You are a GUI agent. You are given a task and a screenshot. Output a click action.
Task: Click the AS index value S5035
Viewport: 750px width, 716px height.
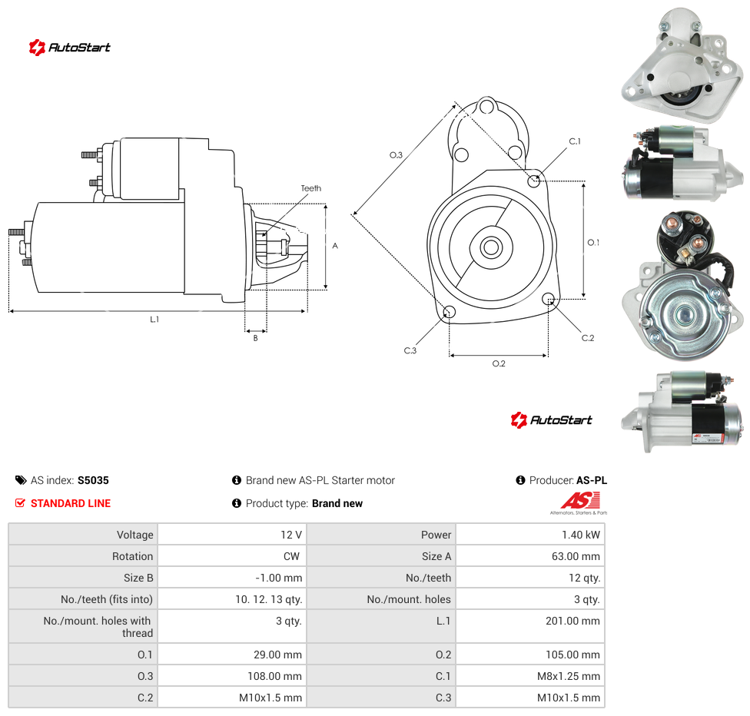(93, 480)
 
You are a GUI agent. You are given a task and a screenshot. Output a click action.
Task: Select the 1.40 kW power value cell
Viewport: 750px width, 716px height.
(581, 535)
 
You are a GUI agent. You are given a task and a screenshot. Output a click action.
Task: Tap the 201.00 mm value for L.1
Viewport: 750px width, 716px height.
(572, 621)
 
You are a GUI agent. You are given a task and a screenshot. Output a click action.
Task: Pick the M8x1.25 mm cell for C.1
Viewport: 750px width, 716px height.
(568, 676)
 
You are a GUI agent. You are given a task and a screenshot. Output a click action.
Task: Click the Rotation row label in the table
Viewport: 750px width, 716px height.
(132, 556)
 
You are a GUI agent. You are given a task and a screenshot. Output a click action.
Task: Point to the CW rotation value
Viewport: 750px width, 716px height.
(291, 556)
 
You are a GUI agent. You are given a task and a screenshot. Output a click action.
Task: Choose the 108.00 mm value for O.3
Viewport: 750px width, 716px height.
(274, 676)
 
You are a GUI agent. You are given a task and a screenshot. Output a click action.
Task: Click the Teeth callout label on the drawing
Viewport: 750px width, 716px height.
(311, 188)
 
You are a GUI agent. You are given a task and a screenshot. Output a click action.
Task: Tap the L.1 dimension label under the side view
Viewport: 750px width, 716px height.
(154, 320)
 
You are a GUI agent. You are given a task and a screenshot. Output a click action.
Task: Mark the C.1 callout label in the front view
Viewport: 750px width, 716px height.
(575, 141)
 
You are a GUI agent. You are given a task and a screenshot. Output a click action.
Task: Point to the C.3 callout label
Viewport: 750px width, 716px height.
(410, 350)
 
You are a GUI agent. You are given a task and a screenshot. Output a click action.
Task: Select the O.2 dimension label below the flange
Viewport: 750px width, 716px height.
(499, 364)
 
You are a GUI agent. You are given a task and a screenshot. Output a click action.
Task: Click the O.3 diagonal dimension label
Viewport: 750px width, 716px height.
(396, 155)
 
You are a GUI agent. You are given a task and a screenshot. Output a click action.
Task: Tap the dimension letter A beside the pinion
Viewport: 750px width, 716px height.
(335, 246)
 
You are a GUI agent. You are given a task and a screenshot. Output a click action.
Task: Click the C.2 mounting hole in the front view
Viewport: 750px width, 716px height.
(549, 300)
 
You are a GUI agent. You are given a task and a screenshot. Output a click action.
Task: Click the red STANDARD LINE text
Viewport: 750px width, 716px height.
(71, 503)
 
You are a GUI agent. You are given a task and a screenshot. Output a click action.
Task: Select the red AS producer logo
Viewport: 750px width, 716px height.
(579, 503)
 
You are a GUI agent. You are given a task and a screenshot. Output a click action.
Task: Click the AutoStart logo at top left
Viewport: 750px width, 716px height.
(69, 48)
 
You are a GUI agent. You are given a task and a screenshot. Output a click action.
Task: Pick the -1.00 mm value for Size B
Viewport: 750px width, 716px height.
(278, 578)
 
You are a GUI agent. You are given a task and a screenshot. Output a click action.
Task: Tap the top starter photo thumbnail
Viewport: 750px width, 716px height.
(682, 65)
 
